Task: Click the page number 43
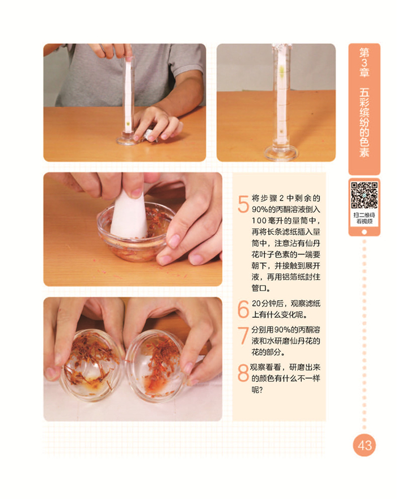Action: (x=364, y=445)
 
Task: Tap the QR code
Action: (x=364, y=195)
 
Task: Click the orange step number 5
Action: (x=243, y=204)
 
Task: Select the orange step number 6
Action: (x=243, y=309)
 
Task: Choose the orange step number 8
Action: (x=243, y=373)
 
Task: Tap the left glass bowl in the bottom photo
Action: (x=90, y=365)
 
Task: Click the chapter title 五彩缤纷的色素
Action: (x=364, y=123)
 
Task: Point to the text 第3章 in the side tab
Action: (x=364, y=62)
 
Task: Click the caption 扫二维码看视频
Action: (x=364, y=218)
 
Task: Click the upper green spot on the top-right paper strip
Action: (x=282, y=69)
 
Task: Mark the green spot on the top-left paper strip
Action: (x=128, y=123)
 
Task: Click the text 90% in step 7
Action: (x=281, y=329)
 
